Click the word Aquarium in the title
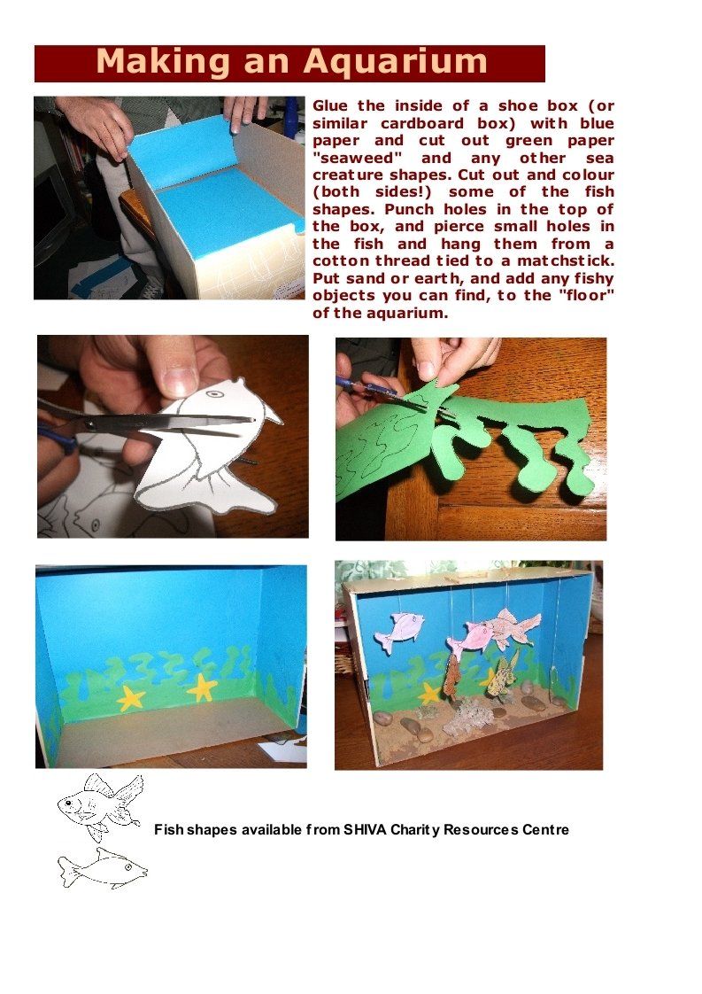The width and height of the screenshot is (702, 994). pyautogui.click(x=395, y=62)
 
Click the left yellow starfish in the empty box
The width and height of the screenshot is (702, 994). pyautogui.click(x=131, y=698)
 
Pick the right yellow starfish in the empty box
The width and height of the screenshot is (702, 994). pyautogui.click(x=202, y=687)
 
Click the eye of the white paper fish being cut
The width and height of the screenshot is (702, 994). pyautogui.click(x=215, y=393)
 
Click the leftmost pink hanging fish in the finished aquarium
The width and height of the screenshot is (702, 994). pyautogui.click(x=398, y=631)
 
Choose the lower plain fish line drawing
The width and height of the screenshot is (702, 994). pyautogui.click(x=103, y=868)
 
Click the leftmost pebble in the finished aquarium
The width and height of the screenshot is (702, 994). pyautogui.click(x=382, y=718)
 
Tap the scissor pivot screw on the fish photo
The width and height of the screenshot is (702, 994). pyautogui.click(x=89, y=423)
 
